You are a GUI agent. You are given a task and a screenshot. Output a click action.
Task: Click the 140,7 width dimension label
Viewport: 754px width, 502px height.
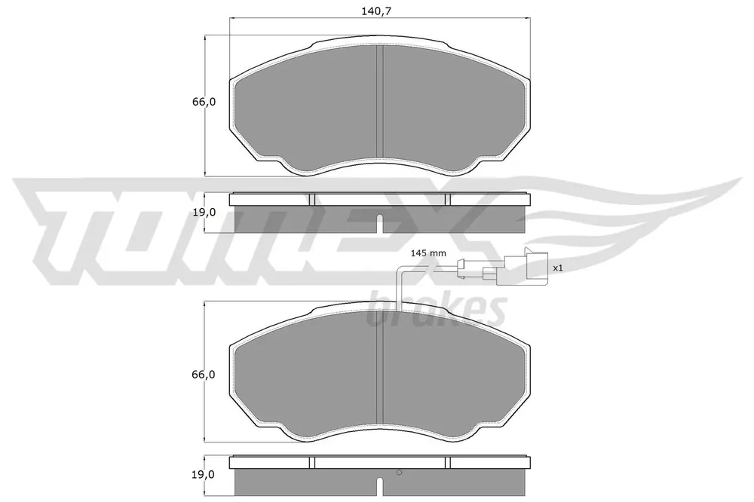coord(376,11)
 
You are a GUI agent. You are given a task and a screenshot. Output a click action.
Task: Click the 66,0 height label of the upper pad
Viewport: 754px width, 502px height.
coord(204,102)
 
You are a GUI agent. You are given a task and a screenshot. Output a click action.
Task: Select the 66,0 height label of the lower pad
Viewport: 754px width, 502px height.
coord(204,375)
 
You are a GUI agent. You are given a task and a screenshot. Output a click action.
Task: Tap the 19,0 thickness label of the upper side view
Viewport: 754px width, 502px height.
coord(204,212)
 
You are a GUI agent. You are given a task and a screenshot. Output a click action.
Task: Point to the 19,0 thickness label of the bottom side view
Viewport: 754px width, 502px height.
coord(204,475)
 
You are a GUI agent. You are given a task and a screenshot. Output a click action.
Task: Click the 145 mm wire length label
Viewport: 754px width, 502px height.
coord(428,253)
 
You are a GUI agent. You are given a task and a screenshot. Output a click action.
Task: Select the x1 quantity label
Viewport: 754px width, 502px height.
coord(557,268)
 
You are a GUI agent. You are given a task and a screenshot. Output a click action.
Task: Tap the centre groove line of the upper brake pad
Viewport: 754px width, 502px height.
coord(379,102)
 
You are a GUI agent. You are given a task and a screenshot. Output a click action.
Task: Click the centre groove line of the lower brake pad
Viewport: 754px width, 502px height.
coord(379,369)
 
